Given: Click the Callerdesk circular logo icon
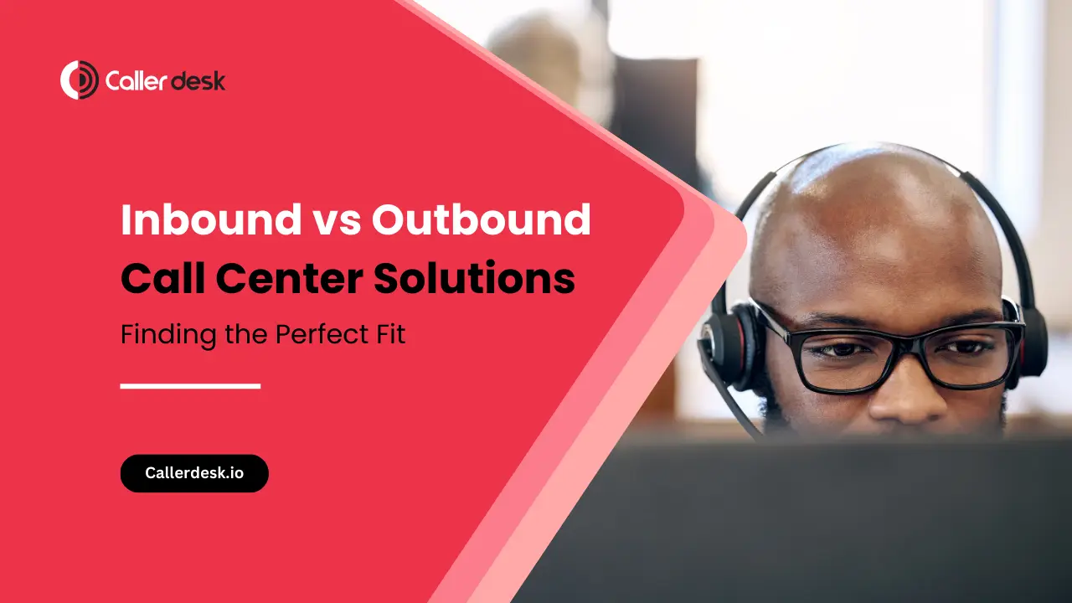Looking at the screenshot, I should (x=80, y=80).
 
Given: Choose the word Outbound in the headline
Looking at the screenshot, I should (x=481, y=220).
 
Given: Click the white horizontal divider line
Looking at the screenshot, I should (x=190, y=386).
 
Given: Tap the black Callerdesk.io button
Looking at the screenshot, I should (x=194, y=473).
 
